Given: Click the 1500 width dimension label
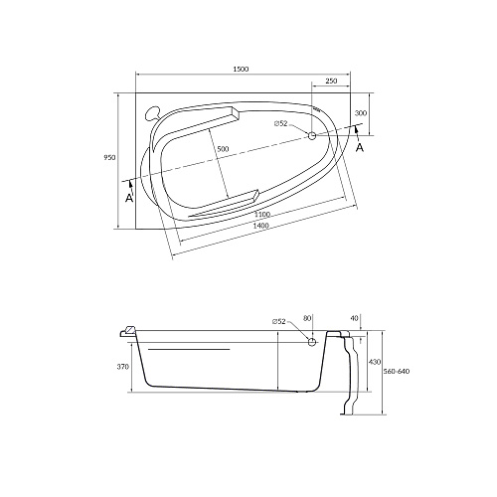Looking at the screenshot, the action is click(x=241, y=70).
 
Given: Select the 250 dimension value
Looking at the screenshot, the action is click(x=331, y=81).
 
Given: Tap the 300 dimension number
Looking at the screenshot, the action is click(x=361, y=113).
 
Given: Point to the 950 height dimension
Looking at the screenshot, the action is click(x=110, y=157).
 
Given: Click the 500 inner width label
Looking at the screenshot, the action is click(x=223, y=149).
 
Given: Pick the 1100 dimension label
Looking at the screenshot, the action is click(x=262, y=215).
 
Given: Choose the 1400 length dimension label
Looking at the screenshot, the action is click(x=260, y=226).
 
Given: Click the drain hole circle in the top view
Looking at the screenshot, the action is click(x=312, y=135).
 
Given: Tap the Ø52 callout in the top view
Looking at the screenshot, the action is click(x=280, y=123).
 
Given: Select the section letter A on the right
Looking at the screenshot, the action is click(x=360, y=148).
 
